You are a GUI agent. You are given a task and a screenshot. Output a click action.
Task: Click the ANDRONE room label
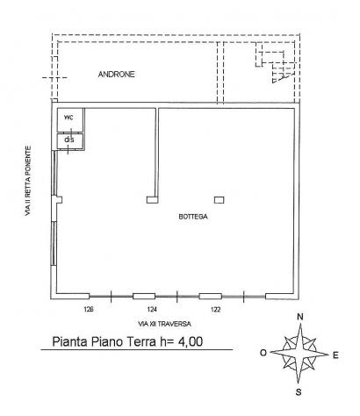(117, 75)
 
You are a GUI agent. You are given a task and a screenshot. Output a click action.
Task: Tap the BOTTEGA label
(193, 217)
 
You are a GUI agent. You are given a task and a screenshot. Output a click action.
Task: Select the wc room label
(68, 118)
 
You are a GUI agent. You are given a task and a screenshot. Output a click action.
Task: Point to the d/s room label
(69, 140)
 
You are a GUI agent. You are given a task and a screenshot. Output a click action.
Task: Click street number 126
(89, 309)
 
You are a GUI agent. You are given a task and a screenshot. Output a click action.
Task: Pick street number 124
(152, 309)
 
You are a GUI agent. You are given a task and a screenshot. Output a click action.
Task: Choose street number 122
(215, 309)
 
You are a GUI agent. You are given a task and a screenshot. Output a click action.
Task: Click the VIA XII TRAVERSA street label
(164, 324)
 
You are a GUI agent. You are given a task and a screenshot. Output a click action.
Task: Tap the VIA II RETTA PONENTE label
(28, 181)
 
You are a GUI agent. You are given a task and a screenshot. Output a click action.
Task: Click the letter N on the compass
(300, 317)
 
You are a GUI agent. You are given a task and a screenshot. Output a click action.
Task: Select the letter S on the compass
(299, 392)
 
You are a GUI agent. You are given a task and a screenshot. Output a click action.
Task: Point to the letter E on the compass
(335, 355)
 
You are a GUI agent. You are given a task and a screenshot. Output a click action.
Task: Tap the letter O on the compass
(263, 353)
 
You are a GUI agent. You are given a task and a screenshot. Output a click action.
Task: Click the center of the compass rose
(299, 353)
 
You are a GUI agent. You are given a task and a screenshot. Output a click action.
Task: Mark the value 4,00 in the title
(191, 341)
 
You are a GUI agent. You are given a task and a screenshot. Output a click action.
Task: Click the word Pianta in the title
(69, 341)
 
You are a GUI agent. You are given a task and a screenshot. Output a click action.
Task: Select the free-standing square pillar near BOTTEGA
(220, 200)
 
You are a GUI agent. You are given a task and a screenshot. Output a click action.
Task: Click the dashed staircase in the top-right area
(275, 62)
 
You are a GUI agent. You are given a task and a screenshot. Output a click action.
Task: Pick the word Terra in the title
(142, 341)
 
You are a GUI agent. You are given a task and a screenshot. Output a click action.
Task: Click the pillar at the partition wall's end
(151, 200)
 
